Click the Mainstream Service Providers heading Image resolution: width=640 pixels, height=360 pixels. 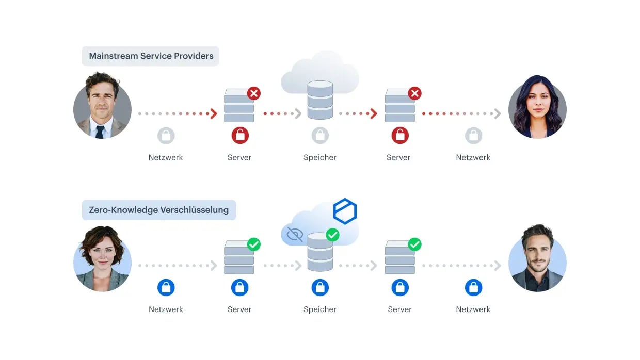[151, 56]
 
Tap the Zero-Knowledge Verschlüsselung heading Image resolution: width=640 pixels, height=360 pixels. [158, 210]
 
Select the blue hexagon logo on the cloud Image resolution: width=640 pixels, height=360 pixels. [345, 211]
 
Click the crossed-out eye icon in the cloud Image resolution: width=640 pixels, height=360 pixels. [295, 234]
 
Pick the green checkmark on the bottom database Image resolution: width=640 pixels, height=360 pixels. [332, 235]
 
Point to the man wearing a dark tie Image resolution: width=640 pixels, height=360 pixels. [102, 105]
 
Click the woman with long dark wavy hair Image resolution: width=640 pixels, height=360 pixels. [537, 107]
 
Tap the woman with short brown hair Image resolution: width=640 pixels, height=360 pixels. [102, 258]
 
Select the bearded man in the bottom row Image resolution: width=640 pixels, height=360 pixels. [537, 258]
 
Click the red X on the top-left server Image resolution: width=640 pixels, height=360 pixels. [254, 93]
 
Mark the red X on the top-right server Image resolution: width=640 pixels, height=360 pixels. [414, 93]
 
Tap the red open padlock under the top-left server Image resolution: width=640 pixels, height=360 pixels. [240, 135]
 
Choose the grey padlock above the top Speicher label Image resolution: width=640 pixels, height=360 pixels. [320, 135]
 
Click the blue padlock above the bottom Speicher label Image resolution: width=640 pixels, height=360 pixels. [320, 287]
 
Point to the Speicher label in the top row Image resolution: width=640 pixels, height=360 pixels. [319, 158]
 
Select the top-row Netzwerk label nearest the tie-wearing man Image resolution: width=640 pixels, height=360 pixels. [166, 158]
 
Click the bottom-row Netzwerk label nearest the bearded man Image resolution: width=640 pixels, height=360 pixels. [473, 309]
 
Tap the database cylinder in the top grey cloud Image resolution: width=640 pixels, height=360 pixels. [320, 100]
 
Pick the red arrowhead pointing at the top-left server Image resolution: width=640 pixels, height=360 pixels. [214, 113]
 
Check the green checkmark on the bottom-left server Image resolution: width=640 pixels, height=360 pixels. [254, 244]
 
